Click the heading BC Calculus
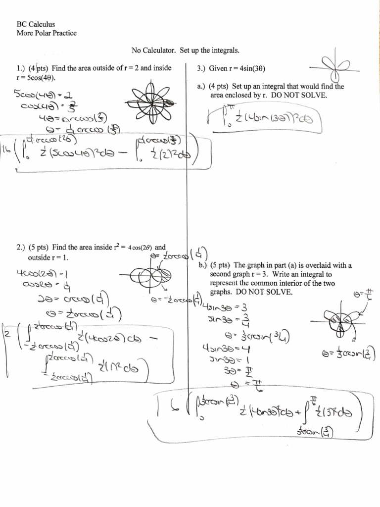pos(36,24)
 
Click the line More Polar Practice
pos(47,33)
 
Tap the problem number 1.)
pos(23,68)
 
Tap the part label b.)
pos(202,265)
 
